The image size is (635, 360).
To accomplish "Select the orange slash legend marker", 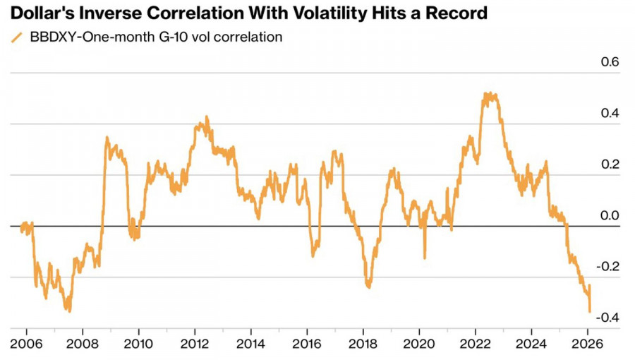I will (16, 38).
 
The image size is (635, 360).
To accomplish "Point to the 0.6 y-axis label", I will (610, 62).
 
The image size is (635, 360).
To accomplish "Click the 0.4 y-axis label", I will (610, 113).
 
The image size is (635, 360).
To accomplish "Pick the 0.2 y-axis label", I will (610, 164).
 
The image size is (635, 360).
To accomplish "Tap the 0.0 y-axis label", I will (610, 215).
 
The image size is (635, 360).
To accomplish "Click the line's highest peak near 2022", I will (486, 93).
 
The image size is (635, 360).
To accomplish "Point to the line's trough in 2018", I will (368, 287).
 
